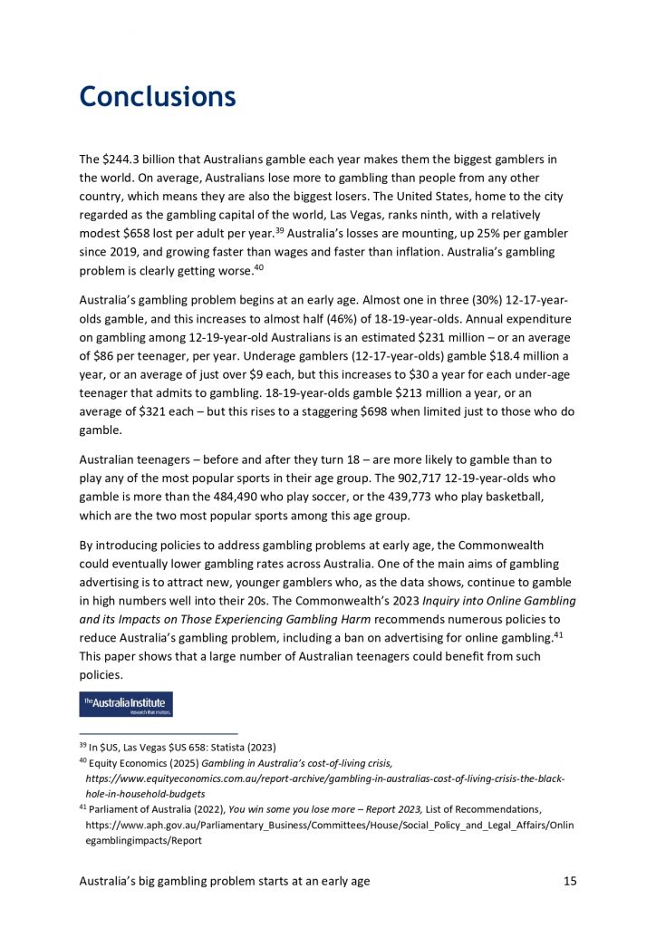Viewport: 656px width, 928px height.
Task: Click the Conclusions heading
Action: tap(158, 96)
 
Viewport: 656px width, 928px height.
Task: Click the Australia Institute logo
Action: tap(126, 704)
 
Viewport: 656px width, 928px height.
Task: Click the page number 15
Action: tap(568, 880)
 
